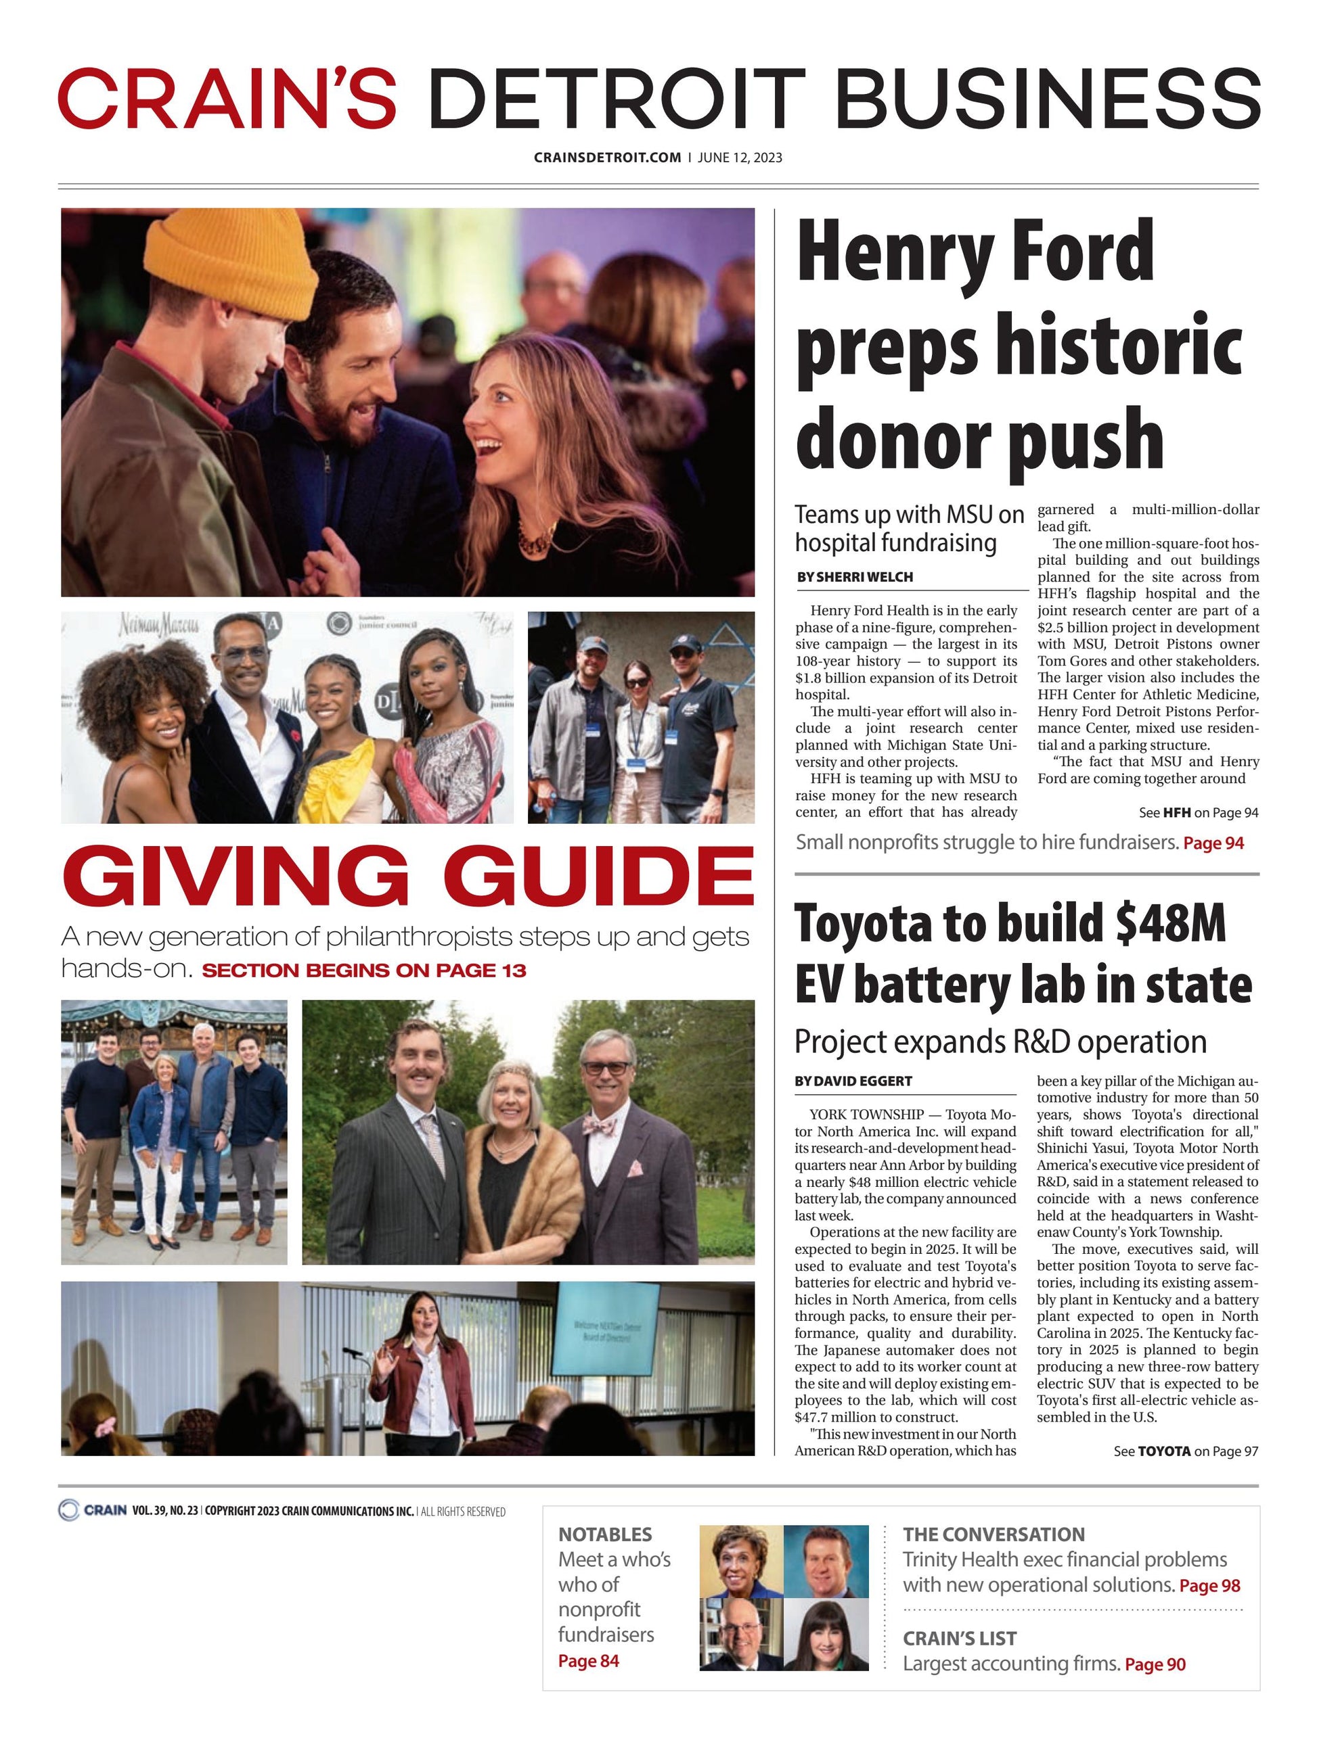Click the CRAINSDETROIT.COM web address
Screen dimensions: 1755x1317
click(607, 157)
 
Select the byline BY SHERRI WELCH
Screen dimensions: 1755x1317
click(854, 577)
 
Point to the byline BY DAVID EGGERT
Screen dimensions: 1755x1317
click(853, 1081)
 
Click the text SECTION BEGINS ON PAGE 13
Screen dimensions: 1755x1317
click(363, 970)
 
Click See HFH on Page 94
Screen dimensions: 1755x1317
click(1198, 812)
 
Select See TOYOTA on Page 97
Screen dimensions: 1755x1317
click(1185, 1451)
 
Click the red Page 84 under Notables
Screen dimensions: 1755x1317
click(588, 1660)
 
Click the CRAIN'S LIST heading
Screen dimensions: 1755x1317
click(959, 1639)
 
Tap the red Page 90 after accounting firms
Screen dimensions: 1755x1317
click(1155, 1664)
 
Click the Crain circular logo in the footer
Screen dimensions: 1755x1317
click(69, 1510)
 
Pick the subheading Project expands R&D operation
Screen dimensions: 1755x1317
click(1000, 1041)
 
